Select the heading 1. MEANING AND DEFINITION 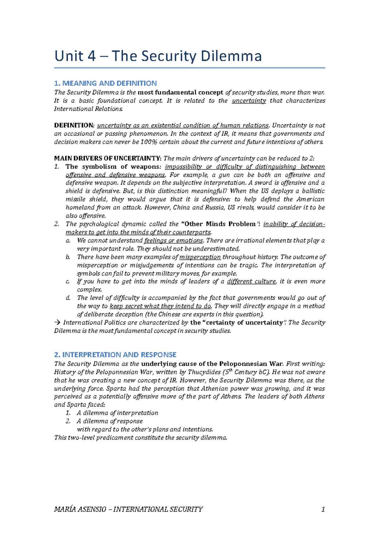coord(105,83)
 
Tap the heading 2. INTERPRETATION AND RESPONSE coord(115,354)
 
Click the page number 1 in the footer coord(323,509)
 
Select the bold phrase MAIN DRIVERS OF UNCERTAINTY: coord(108,158)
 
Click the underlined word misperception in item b coord(200,257)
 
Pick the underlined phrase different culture coord(251,281)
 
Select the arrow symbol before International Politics coord(57,323)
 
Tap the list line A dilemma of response coord(110,421)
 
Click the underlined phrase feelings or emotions coord(173,241)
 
